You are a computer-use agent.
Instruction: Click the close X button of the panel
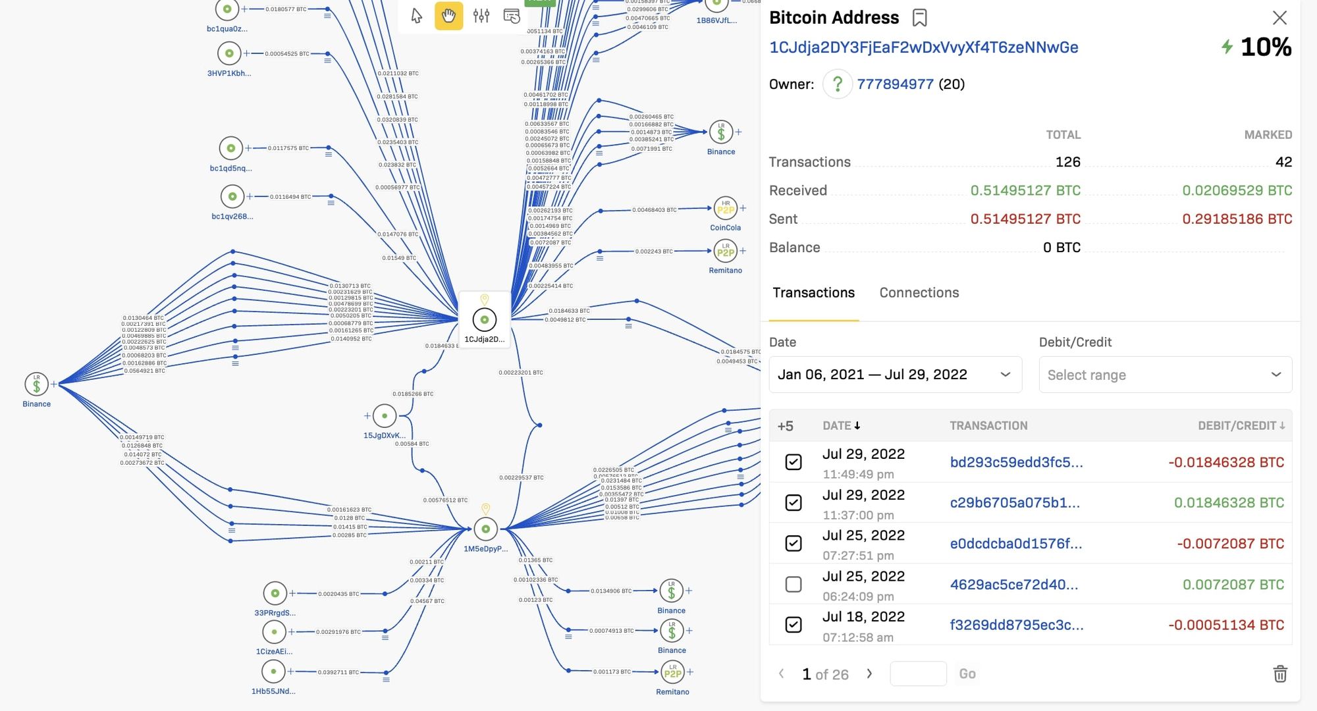(1279, 18)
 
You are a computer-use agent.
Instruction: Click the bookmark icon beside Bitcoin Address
(920, 18)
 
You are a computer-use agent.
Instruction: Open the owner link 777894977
(895, 84)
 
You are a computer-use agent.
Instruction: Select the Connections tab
(919, 293)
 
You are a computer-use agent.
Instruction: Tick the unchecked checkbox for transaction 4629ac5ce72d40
(793, 585)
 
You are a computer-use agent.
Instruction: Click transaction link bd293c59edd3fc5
(1016, 462)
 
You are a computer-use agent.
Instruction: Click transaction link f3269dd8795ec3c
(1016, 625)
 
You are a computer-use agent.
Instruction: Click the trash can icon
(1279, 673)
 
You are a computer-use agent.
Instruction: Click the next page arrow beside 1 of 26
(869, 673)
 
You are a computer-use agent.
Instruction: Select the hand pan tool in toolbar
(448, 16)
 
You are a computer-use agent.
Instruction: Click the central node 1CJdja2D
(485, 320)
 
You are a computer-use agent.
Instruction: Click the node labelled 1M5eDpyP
(486, 529)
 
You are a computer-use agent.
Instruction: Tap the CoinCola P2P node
(725, 209)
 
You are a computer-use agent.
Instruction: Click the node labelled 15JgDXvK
(385, 416)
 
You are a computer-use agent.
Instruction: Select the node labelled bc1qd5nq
(231, 148)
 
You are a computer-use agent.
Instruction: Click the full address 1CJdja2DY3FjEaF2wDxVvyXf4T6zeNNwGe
(923, 47)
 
